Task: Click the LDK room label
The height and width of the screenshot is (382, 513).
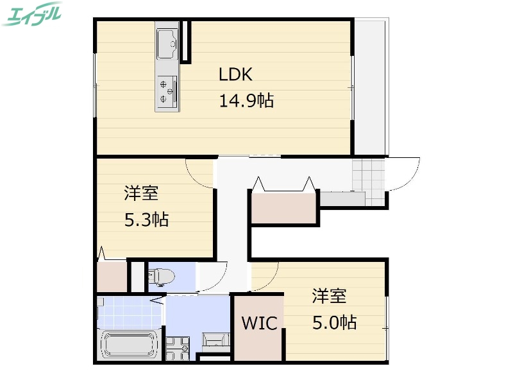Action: (235, 75)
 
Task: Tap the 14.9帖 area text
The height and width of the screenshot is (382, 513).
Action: (247, 101)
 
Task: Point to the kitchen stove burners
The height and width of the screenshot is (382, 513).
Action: (167, 91)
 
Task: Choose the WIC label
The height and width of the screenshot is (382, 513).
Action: (259, 323)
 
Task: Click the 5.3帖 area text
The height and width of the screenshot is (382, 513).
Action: (146, 220)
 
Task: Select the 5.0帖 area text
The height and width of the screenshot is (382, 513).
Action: (334, 322)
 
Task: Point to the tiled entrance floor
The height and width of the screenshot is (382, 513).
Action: (367, 173)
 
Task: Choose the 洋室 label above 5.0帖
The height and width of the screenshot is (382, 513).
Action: (330, 297)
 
